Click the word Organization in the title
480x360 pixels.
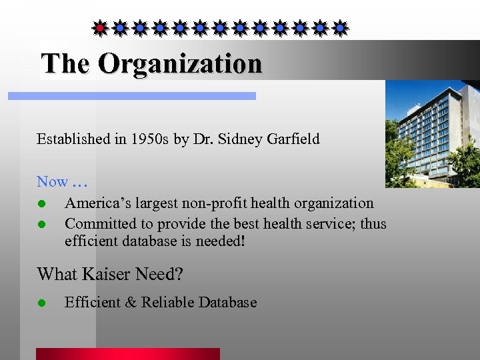[x=180, y=64]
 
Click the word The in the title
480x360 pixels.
[x=65, y=64]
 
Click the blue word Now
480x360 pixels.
[x=52, y=181]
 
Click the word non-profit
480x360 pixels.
[x=212, y=203]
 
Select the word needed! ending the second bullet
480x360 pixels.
[x=222, y=241]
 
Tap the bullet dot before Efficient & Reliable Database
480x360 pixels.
[x=41, y=303]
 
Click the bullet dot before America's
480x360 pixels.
[x=41, y=203]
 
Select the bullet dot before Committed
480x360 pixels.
[x=41, y=224]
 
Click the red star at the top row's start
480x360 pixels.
[x=100, y=28]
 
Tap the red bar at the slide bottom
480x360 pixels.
[x=127, y=353]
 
